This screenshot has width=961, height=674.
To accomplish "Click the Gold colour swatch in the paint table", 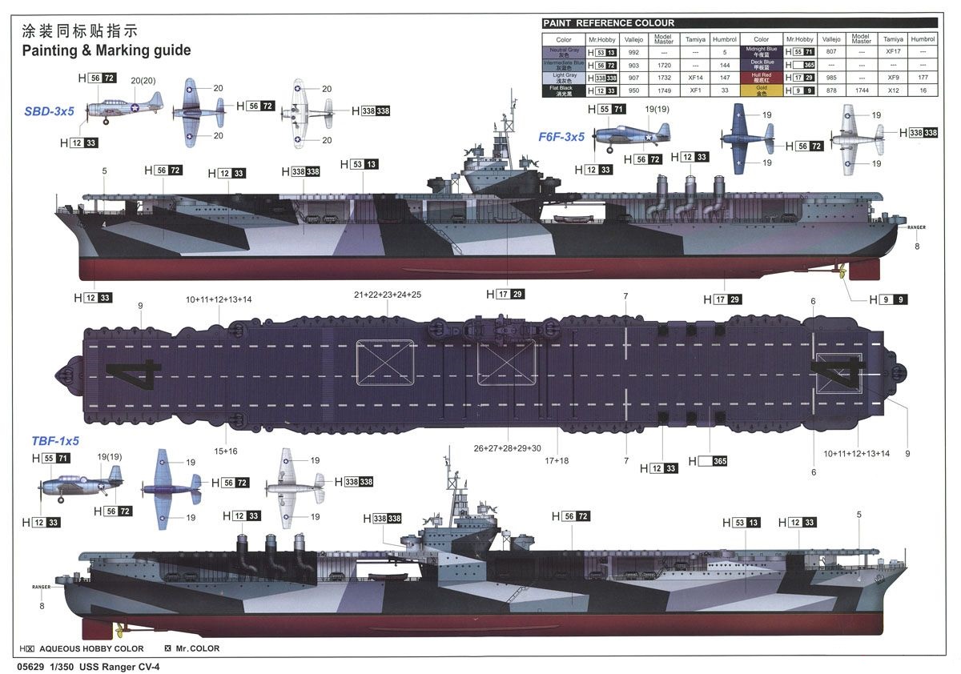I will coord(761,90).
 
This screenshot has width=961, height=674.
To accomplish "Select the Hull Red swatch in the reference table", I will coord(761,78).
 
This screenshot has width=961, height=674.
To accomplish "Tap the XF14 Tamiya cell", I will coord(695,78).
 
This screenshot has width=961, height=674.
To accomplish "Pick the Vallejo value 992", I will coord(633,52).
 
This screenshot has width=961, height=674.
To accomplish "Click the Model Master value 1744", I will coord(861,90).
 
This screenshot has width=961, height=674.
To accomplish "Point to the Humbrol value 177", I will coord(923,78).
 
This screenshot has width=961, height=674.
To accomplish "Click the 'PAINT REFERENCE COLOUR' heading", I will coord(609,23).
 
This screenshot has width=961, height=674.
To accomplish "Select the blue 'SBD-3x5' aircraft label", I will coord(49,111).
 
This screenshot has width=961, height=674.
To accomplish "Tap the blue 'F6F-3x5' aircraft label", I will coord(561,137).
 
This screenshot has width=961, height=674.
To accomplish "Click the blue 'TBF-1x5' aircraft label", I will coord(55,440).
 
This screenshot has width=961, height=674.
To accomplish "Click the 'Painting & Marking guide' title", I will coord(106,50).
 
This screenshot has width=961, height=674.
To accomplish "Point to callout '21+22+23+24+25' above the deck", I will coord(388,295).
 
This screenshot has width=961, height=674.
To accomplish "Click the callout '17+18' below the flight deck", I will coord(557,460).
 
